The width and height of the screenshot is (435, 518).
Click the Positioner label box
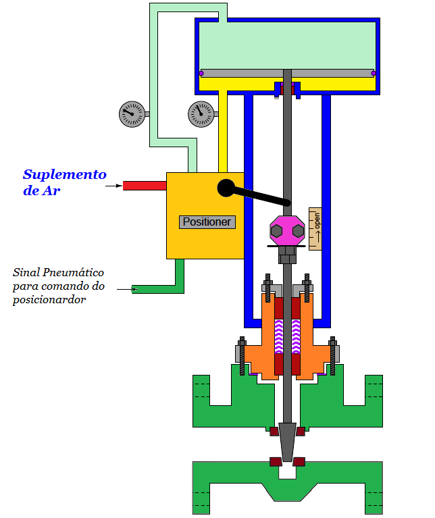[207, 222]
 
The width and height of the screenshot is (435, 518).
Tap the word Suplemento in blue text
[65, 174]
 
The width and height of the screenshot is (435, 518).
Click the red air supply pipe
[144, 185]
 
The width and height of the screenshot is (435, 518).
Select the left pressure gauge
[132, 114]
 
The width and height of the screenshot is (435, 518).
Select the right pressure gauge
[201, 114]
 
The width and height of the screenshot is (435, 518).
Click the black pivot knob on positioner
[226, 188]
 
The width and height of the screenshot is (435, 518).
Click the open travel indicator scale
[315, 229]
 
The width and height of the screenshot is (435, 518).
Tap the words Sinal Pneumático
[59, 272]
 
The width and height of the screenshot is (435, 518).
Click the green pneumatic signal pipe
[159, 288]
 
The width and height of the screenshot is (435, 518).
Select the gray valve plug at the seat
[287, 441]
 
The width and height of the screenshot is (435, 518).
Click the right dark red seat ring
[299, 463]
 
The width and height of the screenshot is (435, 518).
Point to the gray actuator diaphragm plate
[287, 73]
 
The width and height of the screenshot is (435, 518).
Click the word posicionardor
[49, 300]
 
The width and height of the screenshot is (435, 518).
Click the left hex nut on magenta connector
[276, 231]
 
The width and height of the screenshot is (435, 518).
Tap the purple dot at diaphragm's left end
[201, 73]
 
